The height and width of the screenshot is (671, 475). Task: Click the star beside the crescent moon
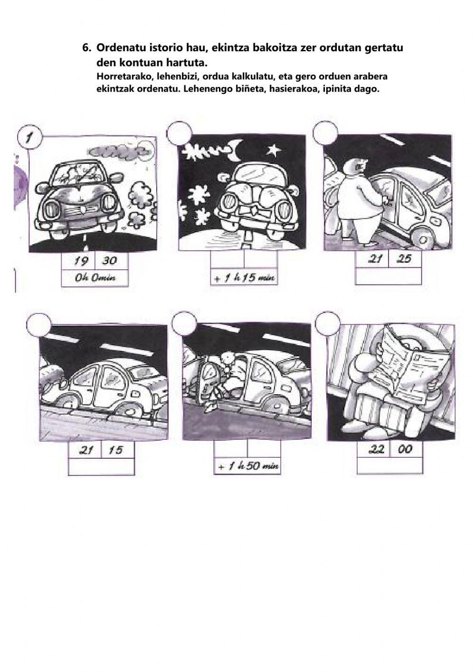pos(273,150)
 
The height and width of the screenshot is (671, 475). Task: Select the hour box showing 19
pos(78,262)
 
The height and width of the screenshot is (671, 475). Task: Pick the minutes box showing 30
pos(112,262)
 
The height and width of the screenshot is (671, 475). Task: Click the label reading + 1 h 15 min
pos(244,278)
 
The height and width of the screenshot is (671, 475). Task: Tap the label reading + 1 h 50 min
pos(247,466)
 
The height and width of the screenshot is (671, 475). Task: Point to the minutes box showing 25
pos(405,259)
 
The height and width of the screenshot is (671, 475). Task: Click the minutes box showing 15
pos(118,450)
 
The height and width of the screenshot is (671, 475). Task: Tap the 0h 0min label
pos(95,278)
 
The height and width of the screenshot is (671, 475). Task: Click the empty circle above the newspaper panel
pos(328,324)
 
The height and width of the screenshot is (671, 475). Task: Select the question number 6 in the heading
pos(86,47)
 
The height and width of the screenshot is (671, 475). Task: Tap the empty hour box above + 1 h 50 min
pos(231,449)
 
